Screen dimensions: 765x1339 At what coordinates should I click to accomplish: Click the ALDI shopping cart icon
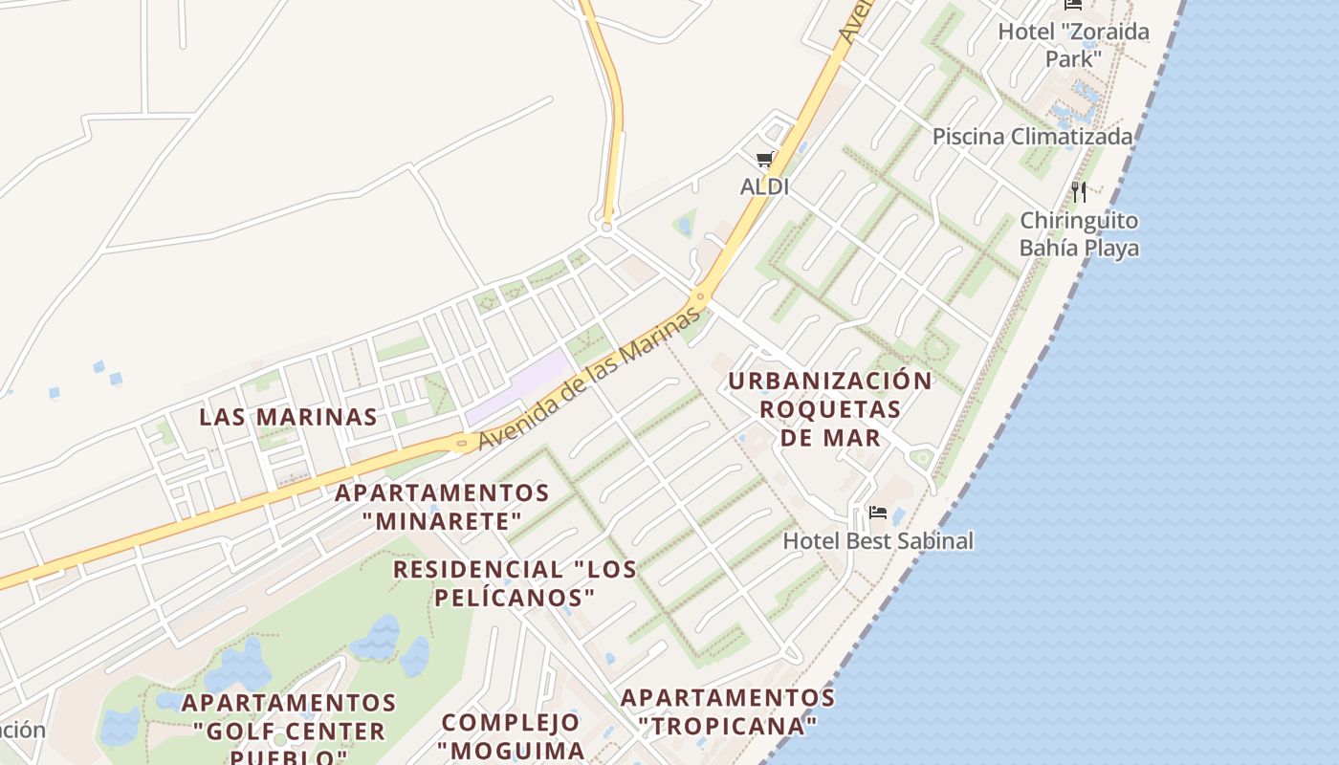click(x=764, y=160)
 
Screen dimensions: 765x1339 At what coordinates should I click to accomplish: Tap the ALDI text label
click(x=764, y=186)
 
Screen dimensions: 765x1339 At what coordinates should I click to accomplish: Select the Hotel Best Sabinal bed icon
click(x=878, y=514)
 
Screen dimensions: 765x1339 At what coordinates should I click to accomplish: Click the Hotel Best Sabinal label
click(x=878, y=541)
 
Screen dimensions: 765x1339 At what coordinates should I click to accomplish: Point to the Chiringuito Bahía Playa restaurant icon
click(x=1079, y=192)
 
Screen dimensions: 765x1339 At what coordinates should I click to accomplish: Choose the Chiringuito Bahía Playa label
click(x=1079, y=234)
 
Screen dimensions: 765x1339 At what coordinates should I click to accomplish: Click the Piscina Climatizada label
click(x=1033, y=137)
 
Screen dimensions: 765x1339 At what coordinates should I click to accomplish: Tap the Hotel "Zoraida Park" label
click(x=1073, y=45)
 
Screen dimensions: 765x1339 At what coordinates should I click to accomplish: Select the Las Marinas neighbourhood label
click(x=288, y=417)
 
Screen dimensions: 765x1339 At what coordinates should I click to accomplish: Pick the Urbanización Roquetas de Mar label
click(x=829, y=409)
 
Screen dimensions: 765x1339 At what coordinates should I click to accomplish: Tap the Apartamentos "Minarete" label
click(x=442, y=507)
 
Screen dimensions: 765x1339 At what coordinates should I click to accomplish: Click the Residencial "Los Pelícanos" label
click(x=515, y=583)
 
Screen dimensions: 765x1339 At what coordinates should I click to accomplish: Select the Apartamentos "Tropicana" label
click(x=728, y=711)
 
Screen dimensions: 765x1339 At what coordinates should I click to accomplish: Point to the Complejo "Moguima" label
click(x=511, y=735)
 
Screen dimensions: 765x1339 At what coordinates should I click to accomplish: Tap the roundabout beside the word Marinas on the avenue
click(x=701, y=297)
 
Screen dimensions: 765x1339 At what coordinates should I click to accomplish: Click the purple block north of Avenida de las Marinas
click(x=517, y=387)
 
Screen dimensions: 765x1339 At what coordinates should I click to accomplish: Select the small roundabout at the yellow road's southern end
click(x=606, y=228)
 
